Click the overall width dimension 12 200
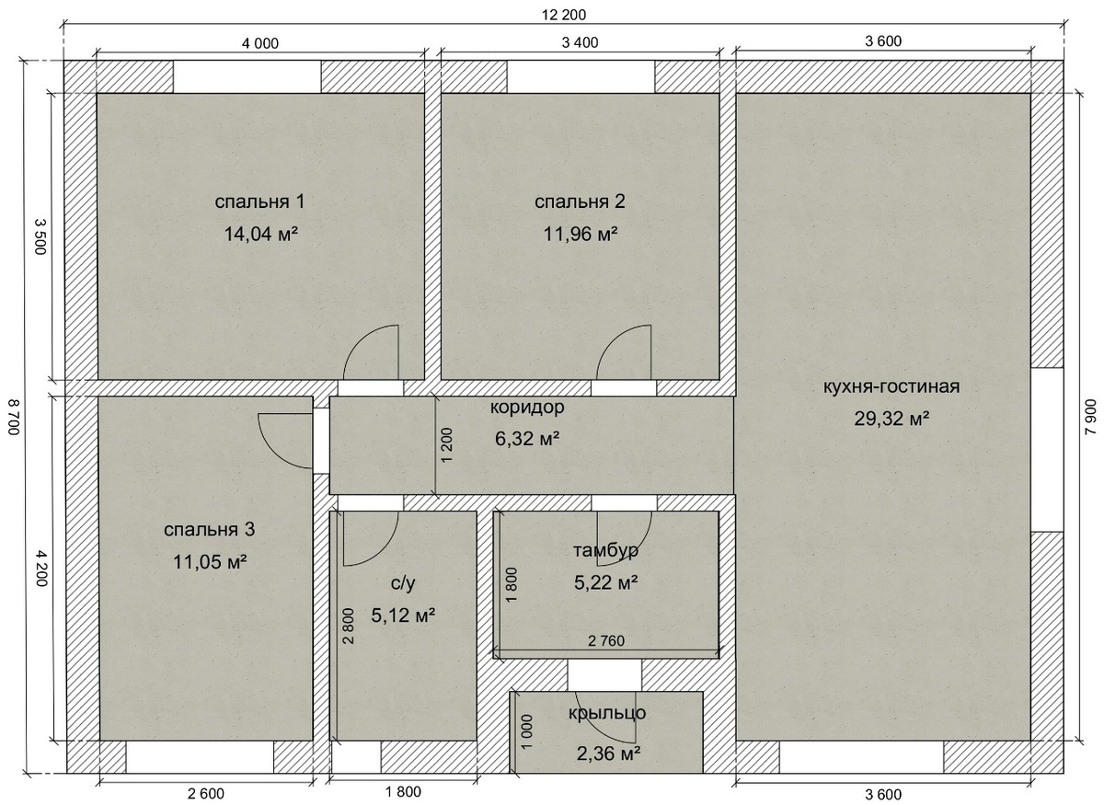coord(564,15)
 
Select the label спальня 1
coord(259,201)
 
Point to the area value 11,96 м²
coord(581,234)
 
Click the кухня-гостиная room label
coord(891,386)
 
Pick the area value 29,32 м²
coord(891,419)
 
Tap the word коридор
coord(527,408)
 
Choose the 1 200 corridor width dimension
coord(446,444)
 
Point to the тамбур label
coord(605,551)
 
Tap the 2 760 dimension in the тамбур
coord(605,641)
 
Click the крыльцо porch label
coord(606,713)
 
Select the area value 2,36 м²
coord(608,753)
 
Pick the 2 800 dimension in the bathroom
coord(348,626)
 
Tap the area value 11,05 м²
coord(210,561)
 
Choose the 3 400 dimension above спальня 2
coord(581,42)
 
